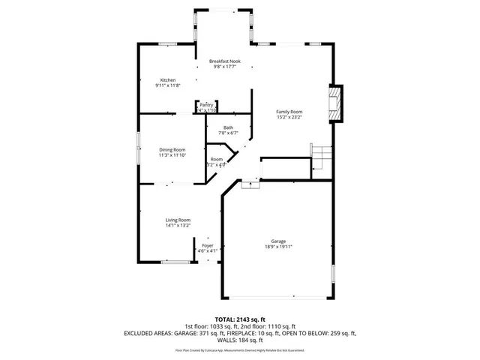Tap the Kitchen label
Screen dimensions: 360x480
[x=168, y=79]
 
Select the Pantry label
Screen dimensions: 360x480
[x=206, y=104]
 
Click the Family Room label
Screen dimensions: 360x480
[x=289, y=111]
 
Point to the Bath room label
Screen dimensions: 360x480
[x=228, y=127]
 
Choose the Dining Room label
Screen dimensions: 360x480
[x=172, y=149]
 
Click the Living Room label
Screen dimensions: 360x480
[x=178, y=220]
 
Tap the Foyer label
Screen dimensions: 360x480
[x=208, y=245]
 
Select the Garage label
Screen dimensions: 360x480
[x=277, y=241]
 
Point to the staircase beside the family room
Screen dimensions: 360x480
[x=321, y=158]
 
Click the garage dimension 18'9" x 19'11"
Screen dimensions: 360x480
[x=277, y=247]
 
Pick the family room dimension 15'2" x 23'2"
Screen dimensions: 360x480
[x=289, y=117]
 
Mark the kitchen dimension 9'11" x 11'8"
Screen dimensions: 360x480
[x=168, y=85]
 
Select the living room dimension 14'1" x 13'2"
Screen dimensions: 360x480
[x=178, y=226]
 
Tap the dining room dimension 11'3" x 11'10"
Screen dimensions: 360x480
[x=172, y=155]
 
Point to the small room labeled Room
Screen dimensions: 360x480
[x=217, y=159]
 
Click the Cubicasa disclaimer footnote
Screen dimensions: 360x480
[x=240, y=349]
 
